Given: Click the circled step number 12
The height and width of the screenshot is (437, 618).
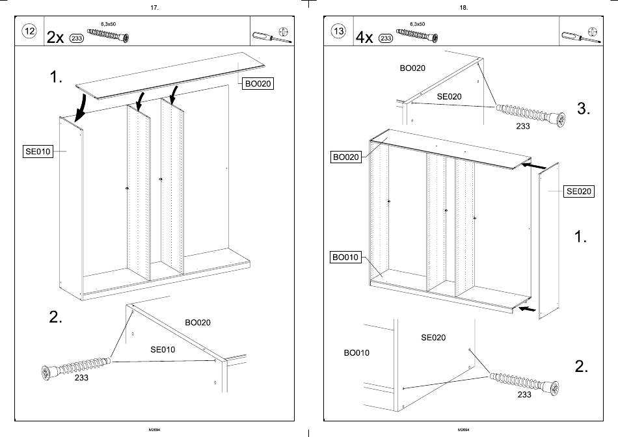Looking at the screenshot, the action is [x=29, y=31].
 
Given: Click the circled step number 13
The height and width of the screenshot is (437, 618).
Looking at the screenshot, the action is [x=338, y=31].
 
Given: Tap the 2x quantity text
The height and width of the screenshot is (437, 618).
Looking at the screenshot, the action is [x=55, y=38].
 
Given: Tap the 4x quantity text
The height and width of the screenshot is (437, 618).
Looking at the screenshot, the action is [x=364, y=38].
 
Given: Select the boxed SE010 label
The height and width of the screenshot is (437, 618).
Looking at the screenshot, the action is [x=38, y=152].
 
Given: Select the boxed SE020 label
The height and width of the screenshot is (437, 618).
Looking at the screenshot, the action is [x=578, y=191].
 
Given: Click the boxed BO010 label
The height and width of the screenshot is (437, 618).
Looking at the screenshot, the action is [x=345, y=258].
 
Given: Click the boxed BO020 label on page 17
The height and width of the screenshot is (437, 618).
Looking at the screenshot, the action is [x=258, y=83].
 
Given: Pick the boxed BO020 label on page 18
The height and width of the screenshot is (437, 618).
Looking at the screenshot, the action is [x=346, y=157].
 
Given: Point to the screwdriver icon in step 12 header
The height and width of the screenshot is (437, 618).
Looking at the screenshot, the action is [x=272, y=37].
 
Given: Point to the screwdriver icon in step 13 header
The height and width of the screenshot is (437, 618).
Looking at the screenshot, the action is [x=581, y=37].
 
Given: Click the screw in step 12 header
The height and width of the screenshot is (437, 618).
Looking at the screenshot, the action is [x=108, y=36].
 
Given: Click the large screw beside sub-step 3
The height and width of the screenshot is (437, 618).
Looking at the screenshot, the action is [x=530, y=114].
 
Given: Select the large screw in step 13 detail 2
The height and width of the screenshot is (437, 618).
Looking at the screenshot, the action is [x=524, y=383].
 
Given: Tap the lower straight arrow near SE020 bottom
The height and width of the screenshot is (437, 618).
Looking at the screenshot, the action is [x=528, y=308].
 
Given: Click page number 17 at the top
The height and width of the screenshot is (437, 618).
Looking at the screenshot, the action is [x=154, y=8].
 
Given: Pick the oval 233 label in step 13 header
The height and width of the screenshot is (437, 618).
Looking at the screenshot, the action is [x=386, y=38].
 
